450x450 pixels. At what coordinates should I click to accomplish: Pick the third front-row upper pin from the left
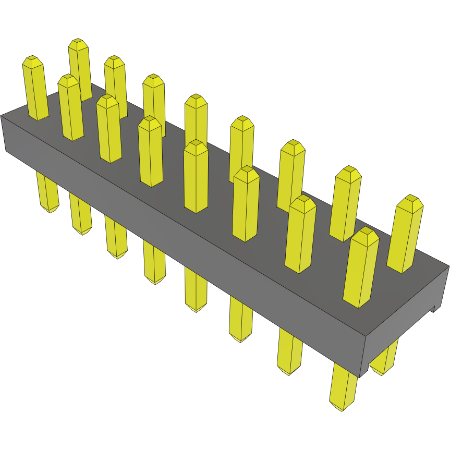coord(109,130)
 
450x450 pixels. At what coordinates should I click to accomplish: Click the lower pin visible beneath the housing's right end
coord(385,360)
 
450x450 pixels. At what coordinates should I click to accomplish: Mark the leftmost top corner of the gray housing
coord(2,116)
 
